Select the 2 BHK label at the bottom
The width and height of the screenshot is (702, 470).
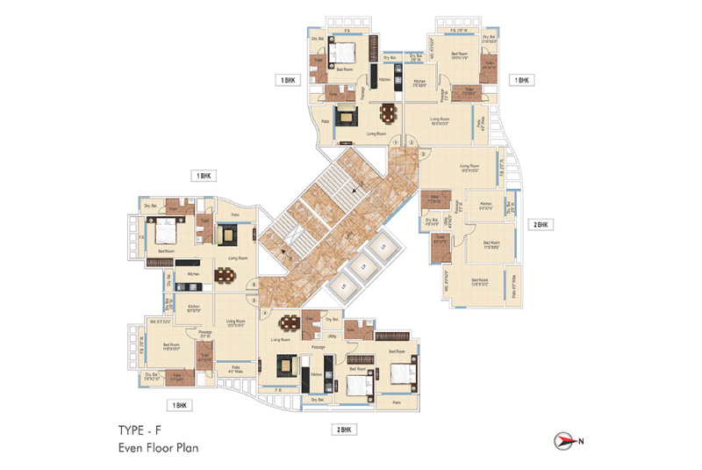pyautogui.click(x=342, y=430)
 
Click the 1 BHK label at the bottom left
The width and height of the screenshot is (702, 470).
pyautogui.click(x=181, y=405)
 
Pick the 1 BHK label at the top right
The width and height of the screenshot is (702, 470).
pyautogui.click(x=521, y=80)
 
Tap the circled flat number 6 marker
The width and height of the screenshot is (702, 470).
pyautogui.click(x=254, y=284)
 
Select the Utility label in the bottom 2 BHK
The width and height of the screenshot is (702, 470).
pyautogui.click(x=333, y=336)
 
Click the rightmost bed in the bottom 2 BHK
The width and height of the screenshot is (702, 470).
pyautogui.click(x=399, y=374)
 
